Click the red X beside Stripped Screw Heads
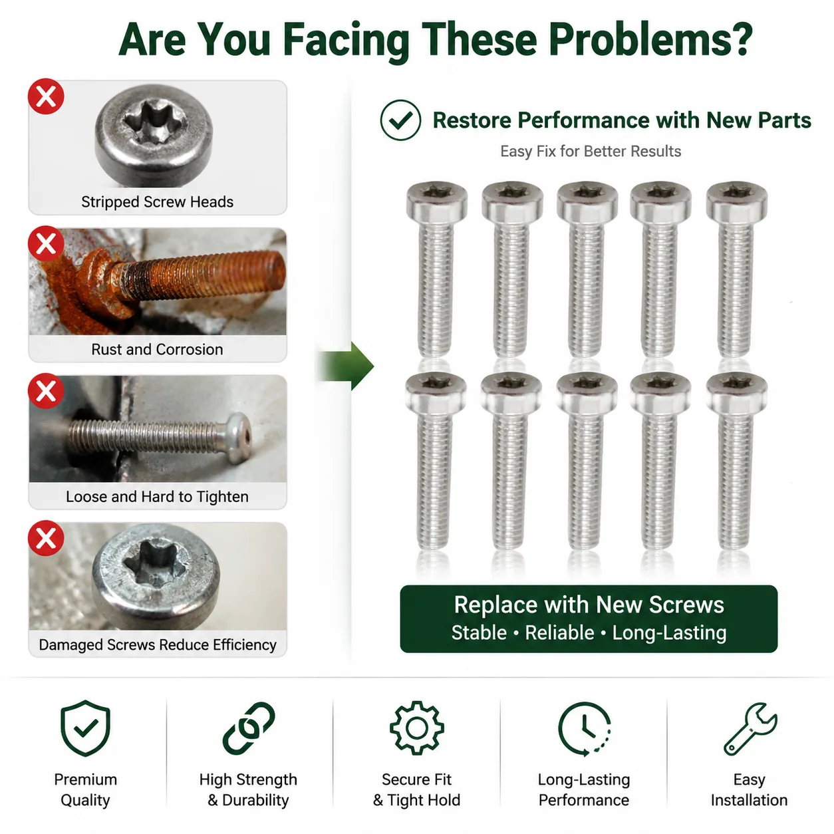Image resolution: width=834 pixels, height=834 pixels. (x=46, y=96)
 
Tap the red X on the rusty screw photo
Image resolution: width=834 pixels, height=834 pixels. (x=46, y=243)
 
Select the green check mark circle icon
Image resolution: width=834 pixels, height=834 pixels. (x=400, y=120)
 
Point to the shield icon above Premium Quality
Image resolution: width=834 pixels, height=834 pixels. (x=85, y=728)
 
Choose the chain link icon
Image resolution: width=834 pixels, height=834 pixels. (x=249, y=728)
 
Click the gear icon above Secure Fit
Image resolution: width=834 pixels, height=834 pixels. (x=416, y=728)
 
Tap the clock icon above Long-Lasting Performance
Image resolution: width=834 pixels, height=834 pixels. (x=585, y=729)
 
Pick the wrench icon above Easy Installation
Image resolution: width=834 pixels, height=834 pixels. (x=750, y=729)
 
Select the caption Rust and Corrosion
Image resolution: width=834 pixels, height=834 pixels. (x=157, y=349)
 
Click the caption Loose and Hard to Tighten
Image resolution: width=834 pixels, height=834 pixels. (x=157, y=496)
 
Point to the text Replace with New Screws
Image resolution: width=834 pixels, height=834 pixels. (x=589, y=605)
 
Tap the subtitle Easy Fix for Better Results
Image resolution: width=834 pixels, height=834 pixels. (x=591, y=151)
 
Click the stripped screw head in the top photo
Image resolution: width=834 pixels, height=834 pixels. (x=154, y=135)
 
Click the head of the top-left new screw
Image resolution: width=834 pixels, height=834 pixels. (x=437, y=200)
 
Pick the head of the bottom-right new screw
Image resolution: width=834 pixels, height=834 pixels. (x=736, y=392)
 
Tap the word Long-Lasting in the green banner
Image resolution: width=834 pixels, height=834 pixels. (x=669, y=632)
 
